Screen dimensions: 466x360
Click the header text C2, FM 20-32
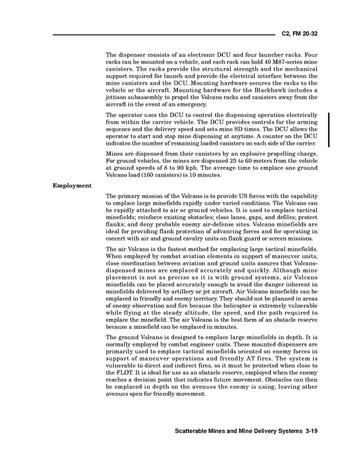pos(299,34)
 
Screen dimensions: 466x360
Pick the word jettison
pos(118,97)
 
